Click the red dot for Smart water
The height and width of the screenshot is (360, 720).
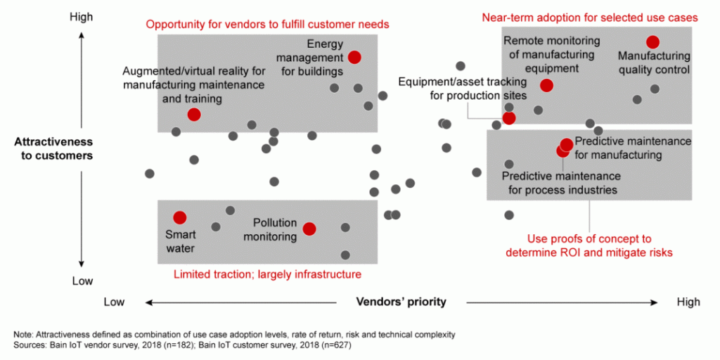point(179,217)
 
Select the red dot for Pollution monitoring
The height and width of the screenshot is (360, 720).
point(309,228)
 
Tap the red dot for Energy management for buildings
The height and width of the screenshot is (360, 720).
point(354,57)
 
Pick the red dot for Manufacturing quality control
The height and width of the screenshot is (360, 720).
point(652,42)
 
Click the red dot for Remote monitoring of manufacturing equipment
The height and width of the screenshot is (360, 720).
point(546,85)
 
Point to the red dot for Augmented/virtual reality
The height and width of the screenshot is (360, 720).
point(194,114)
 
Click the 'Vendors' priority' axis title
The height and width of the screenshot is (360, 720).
point(401,302)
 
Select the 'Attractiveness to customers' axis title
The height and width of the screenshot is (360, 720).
point(53,148)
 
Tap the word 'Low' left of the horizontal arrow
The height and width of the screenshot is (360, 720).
point(114,302)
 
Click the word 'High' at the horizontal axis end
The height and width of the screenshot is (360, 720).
point(688,302)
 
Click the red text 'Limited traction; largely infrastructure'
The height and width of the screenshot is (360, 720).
point(267,274)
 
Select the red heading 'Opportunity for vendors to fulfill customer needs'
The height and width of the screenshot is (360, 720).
point(267,25)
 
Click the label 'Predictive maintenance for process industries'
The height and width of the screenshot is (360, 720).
point(560,183)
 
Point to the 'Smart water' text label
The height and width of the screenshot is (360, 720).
point(180,241)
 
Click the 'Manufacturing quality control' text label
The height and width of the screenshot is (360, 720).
point(653,63)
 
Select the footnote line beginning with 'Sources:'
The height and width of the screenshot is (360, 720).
point(182,345)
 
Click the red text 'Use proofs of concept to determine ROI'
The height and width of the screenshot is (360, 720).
point(589,245)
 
